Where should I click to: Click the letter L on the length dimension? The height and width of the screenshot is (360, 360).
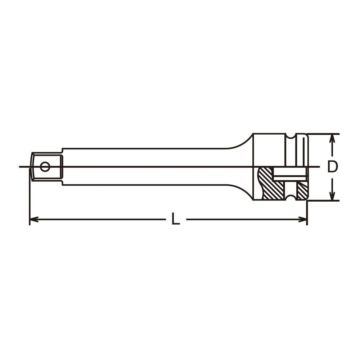176,219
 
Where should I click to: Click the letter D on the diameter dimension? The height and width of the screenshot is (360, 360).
332,167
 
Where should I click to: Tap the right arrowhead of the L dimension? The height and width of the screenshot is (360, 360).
303,219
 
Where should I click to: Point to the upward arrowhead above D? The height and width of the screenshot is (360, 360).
332,139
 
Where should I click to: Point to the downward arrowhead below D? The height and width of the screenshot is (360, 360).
332,195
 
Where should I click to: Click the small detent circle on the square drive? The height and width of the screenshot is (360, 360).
45,167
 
